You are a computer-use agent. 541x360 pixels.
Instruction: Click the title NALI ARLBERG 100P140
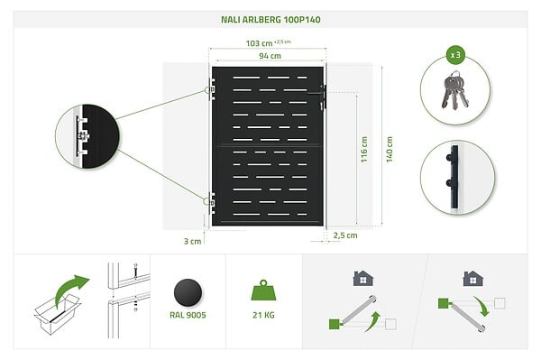tap(270, 20)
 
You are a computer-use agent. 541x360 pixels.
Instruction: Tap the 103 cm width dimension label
tap(259, 43)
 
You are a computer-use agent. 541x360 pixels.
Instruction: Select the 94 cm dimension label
tap(270, 56)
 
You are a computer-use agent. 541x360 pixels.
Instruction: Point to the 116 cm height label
tap(364, 150)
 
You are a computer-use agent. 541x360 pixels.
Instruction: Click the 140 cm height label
tap(390, 150)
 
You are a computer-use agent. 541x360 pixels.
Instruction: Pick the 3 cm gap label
tap(192, 241)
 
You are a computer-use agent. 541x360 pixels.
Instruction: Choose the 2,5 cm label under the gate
tap(345, 235)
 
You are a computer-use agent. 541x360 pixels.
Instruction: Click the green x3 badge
tap(455, 55)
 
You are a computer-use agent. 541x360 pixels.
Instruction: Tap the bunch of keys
tap(455, 90)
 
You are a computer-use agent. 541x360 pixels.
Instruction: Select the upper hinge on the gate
tap(211, 89)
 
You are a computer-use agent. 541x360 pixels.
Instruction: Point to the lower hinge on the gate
tap(211, 202)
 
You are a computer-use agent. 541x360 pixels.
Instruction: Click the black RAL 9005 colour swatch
tap(188, 292)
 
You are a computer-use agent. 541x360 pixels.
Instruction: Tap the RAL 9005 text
tap(188, 315)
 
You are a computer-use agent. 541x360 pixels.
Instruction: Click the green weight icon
tap(263, 290)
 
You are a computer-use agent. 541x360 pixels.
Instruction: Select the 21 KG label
tap(263, 315)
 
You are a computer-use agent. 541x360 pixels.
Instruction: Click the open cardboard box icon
tap(58, 314)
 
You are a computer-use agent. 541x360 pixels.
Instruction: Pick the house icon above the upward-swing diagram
tap(363, 278)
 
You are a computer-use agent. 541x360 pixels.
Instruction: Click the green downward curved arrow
tap(482, 306)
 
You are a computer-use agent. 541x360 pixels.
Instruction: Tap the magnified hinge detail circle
tap(87, 136)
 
